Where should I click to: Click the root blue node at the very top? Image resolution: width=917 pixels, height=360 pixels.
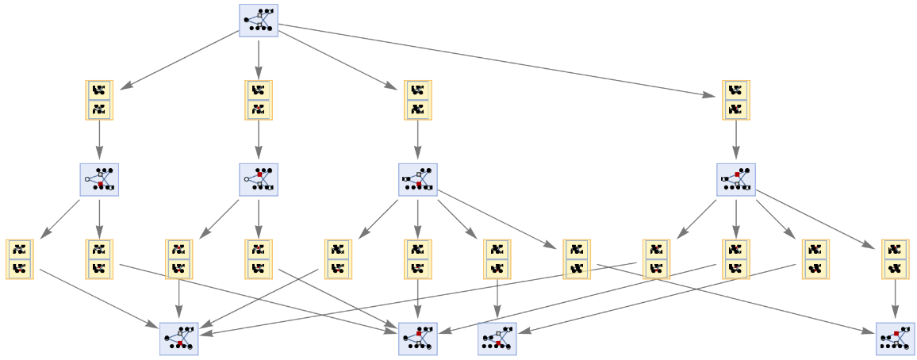pos(259,21)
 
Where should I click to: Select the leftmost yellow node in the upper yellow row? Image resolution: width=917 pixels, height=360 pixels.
pos(99,100)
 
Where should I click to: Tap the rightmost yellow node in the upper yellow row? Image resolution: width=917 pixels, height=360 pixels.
pos(736,100)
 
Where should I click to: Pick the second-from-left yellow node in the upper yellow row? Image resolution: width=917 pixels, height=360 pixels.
pos(259,100)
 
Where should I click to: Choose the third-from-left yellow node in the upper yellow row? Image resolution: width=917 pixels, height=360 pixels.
pos(417,100)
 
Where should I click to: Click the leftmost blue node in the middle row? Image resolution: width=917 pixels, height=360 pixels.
pos(99,180)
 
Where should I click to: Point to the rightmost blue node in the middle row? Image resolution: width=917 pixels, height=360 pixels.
pos(736,180)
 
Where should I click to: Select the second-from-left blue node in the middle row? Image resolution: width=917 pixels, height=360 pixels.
pos(259,180)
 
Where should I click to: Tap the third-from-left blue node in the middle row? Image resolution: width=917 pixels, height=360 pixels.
pos(418,180)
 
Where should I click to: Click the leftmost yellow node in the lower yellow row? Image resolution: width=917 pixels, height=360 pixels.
pos(20,259)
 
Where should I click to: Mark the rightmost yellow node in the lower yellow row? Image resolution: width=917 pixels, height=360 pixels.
pos(896,259)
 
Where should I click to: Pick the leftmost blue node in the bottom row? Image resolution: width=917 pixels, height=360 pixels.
pos(178,339)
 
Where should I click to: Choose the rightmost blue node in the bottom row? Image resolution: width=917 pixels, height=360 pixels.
pos(896,339)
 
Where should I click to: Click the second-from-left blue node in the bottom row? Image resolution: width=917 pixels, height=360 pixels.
pos(418,339)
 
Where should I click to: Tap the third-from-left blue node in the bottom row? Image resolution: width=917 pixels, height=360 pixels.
pos(497,339)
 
